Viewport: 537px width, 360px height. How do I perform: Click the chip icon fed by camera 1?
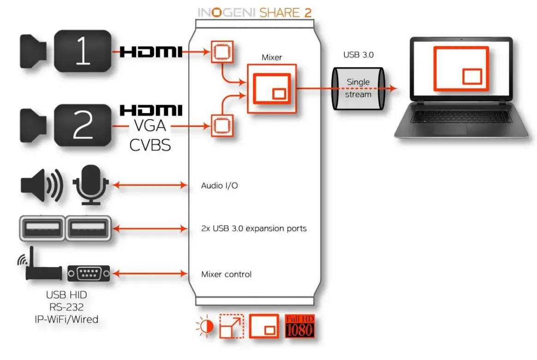[x=222, y=52]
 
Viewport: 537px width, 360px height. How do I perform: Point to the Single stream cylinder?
[x=358, y=88]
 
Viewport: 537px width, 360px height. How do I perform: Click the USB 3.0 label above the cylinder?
[x=358, y=55]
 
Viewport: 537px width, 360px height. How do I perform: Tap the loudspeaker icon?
[x=41, y=186]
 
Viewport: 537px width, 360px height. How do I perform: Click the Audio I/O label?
[x=220, y=186]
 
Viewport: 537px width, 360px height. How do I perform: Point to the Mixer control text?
[x=226, y=274]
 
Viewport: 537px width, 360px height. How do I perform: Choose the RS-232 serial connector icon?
[x=89, y=273]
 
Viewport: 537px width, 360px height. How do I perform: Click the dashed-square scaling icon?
[x=232, y=327]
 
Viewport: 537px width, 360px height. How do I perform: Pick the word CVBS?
[x=150, y=145]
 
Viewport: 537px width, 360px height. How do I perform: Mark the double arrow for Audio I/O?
[x=150, y=186]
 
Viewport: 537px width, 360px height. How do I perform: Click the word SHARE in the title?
[x=280, y=12]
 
